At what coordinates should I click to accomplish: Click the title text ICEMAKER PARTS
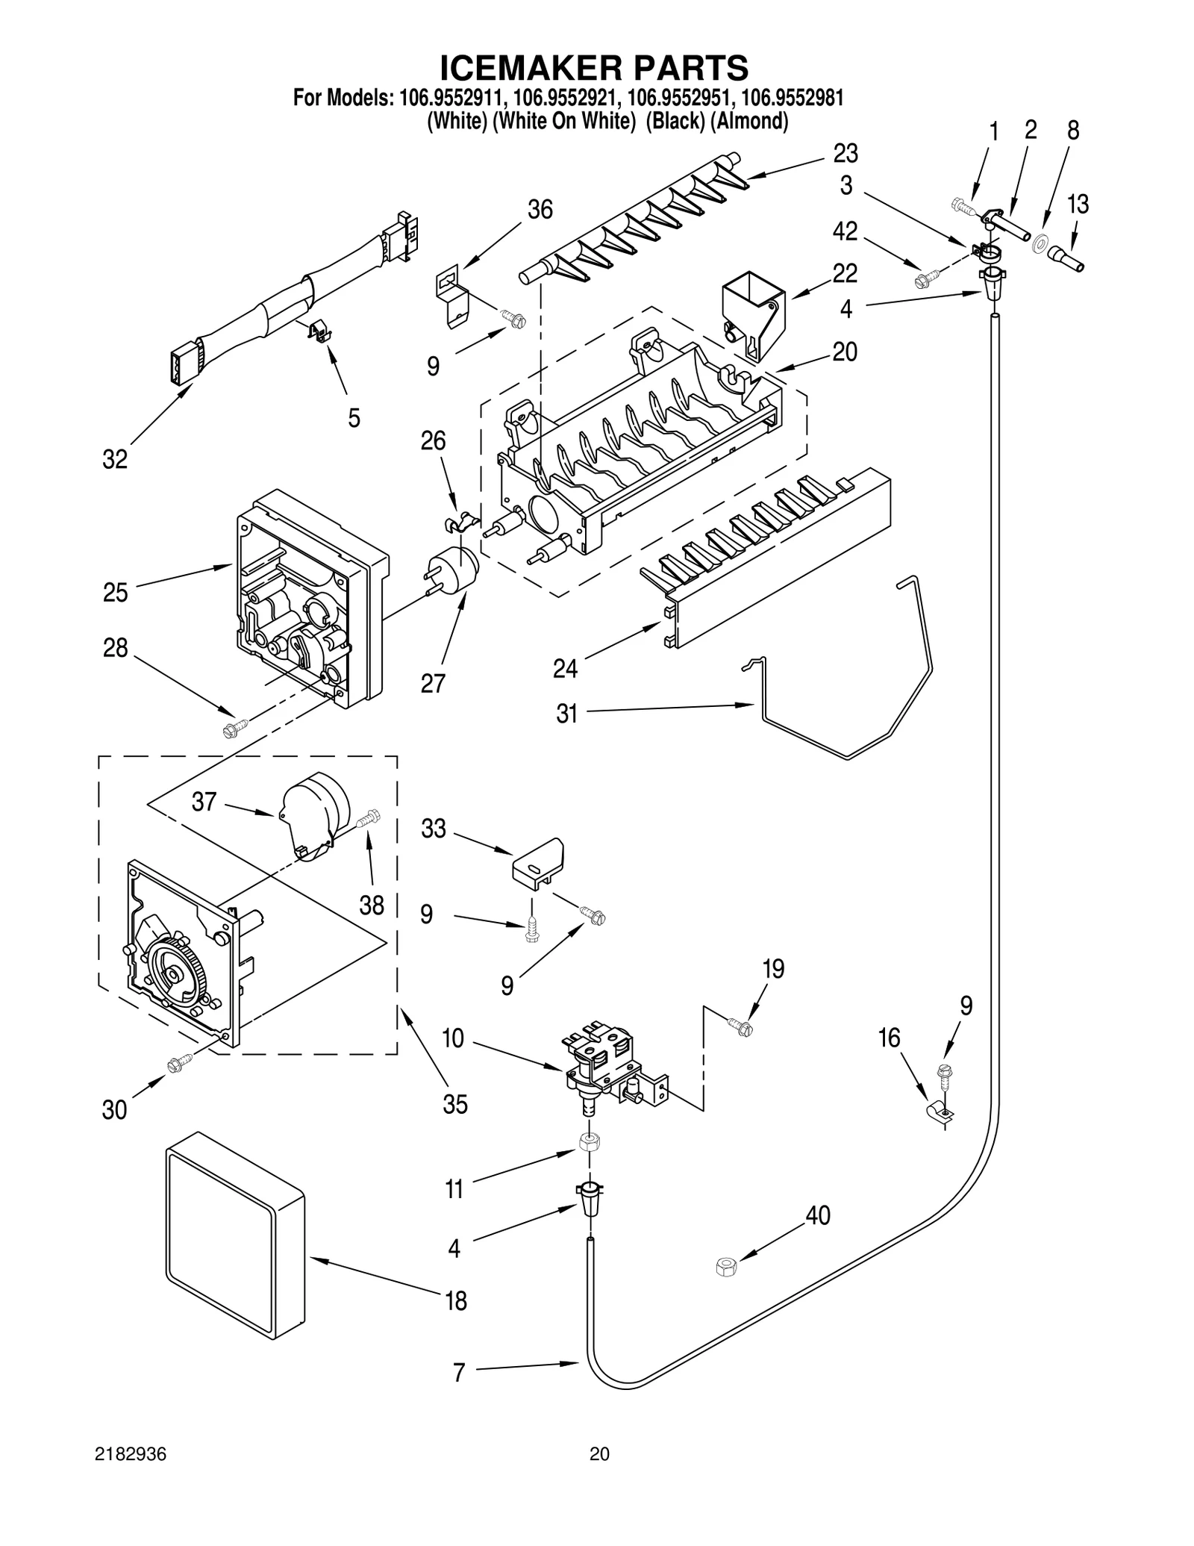coord(593,68)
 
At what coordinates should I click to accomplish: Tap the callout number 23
coord(845,154)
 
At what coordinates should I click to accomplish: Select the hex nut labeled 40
coord(725,1266)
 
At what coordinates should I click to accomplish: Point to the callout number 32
coord(115,460)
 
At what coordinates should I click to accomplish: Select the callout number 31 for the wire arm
coord(566,714)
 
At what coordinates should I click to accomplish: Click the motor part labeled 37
coord(313,814)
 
